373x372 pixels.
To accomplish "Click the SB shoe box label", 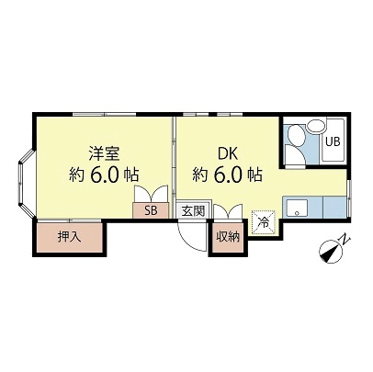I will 149,210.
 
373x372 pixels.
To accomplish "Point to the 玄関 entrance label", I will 191,210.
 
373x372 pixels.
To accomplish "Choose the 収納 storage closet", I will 227,237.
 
